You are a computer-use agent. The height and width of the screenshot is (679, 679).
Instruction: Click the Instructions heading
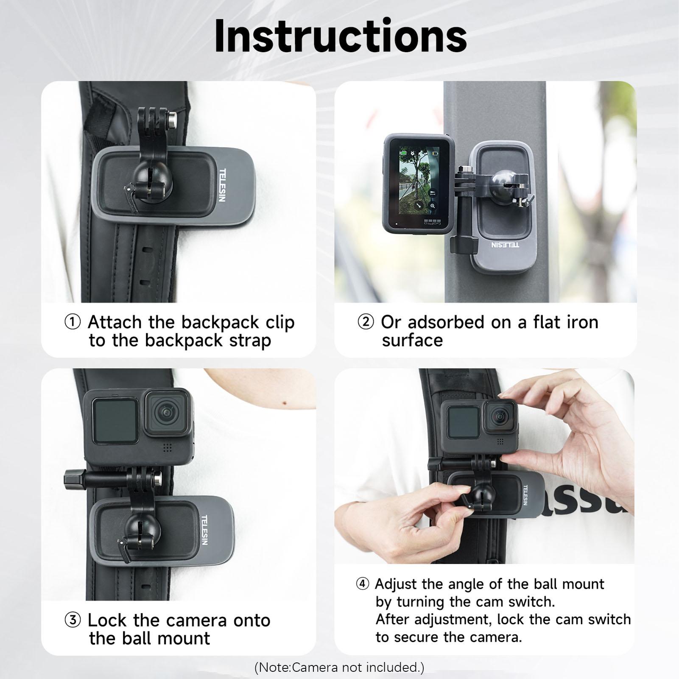click(340, 36)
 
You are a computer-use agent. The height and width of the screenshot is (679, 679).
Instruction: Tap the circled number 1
click(73, 322)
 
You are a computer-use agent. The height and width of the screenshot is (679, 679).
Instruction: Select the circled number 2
click(366, 322)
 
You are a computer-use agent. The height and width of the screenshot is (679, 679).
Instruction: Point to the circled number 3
click(73, 620)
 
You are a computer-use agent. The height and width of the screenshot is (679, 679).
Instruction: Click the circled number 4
click(363, 584)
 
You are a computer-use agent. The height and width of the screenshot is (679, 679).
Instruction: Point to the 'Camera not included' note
click(339, 668)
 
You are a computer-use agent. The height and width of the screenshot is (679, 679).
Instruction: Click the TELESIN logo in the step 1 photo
click(223, 185)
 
